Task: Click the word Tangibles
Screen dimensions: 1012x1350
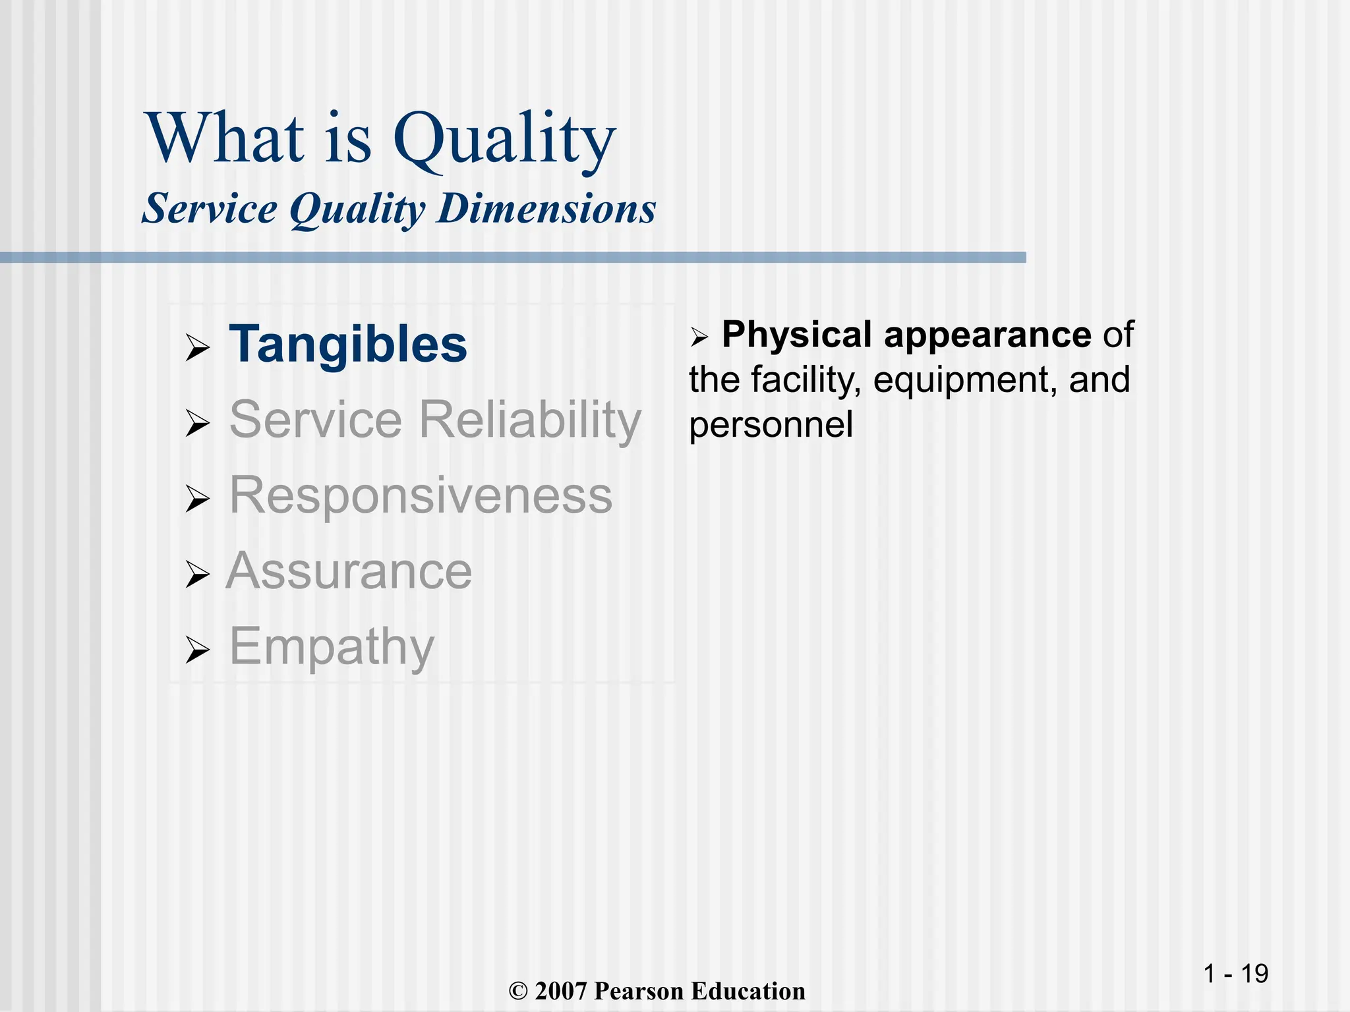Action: pos(348,345)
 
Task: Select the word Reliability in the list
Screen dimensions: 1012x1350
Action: pos(531,420)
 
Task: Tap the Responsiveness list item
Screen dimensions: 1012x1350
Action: pos(421,495)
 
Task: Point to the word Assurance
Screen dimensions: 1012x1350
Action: pos(349,571)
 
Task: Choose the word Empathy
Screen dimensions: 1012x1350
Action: pos(332,647)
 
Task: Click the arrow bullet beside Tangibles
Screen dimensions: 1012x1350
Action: pos(197,348)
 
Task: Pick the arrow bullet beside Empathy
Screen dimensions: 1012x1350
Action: pos(197,650)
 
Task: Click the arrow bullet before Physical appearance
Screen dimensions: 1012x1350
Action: pos(699,338)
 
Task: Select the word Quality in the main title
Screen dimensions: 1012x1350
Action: pos(504,140)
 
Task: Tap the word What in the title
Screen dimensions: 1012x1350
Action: pos(225,138)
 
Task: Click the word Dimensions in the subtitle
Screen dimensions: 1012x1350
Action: pos(546,210)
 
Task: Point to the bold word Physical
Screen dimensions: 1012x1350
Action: pos(797,335)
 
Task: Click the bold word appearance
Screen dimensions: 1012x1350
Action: pos(987,335)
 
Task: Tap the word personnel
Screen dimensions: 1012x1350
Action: pos(771,425)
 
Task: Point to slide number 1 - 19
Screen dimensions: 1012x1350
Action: pos(1235,973)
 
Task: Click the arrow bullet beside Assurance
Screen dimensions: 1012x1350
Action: pos(197,575)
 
